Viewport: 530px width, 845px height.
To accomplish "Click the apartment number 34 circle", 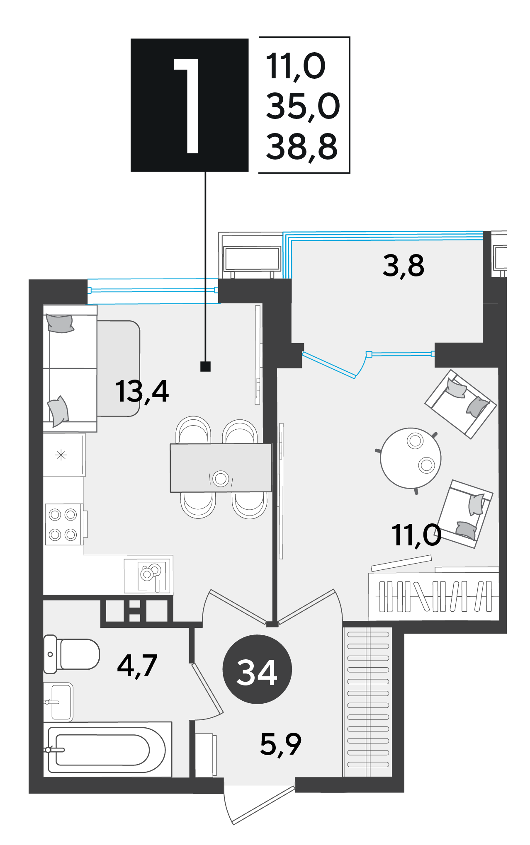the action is (257, 669).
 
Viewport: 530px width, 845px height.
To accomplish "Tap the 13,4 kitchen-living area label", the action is (142, 391).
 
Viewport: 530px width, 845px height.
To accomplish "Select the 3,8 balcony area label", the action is (404, 266).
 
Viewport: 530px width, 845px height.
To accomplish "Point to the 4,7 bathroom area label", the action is (137, 666).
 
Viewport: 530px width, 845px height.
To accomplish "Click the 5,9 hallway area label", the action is (281, 744).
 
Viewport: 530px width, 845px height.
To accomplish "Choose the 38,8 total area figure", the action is (302, 147).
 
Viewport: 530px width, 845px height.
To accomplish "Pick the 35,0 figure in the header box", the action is (303, 107).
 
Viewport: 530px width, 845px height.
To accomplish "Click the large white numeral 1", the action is (187, 106).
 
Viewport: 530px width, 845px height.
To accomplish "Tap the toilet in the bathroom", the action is (72, 654).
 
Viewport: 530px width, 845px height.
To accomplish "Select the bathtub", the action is (107, 750).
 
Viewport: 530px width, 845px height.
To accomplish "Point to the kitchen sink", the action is (152, 576).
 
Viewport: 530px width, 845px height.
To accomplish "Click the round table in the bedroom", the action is (411, 458).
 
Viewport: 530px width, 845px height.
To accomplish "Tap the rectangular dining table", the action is (221, 468).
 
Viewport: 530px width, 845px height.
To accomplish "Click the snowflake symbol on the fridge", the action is (61, 455).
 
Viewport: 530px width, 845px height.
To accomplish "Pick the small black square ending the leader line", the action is (205, 366).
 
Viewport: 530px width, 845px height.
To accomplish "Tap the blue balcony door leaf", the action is (329, 365).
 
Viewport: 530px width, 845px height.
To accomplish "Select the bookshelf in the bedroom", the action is (434, 597).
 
